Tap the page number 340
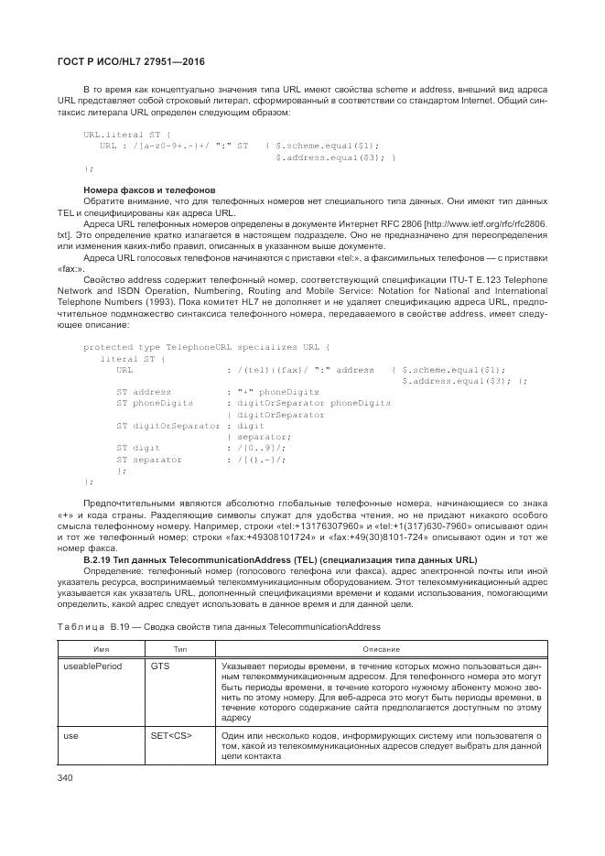(66, 777)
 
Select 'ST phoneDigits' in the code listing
(155, 403)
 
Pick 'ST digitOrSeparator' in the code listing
(168, 426)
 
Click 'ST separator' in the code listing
(149, 459)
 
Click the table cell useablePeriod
(92, 666)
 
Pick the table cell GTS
(160, 666)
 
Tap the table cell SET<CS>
(171, 734)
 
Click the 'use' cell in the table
(70, 734)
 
